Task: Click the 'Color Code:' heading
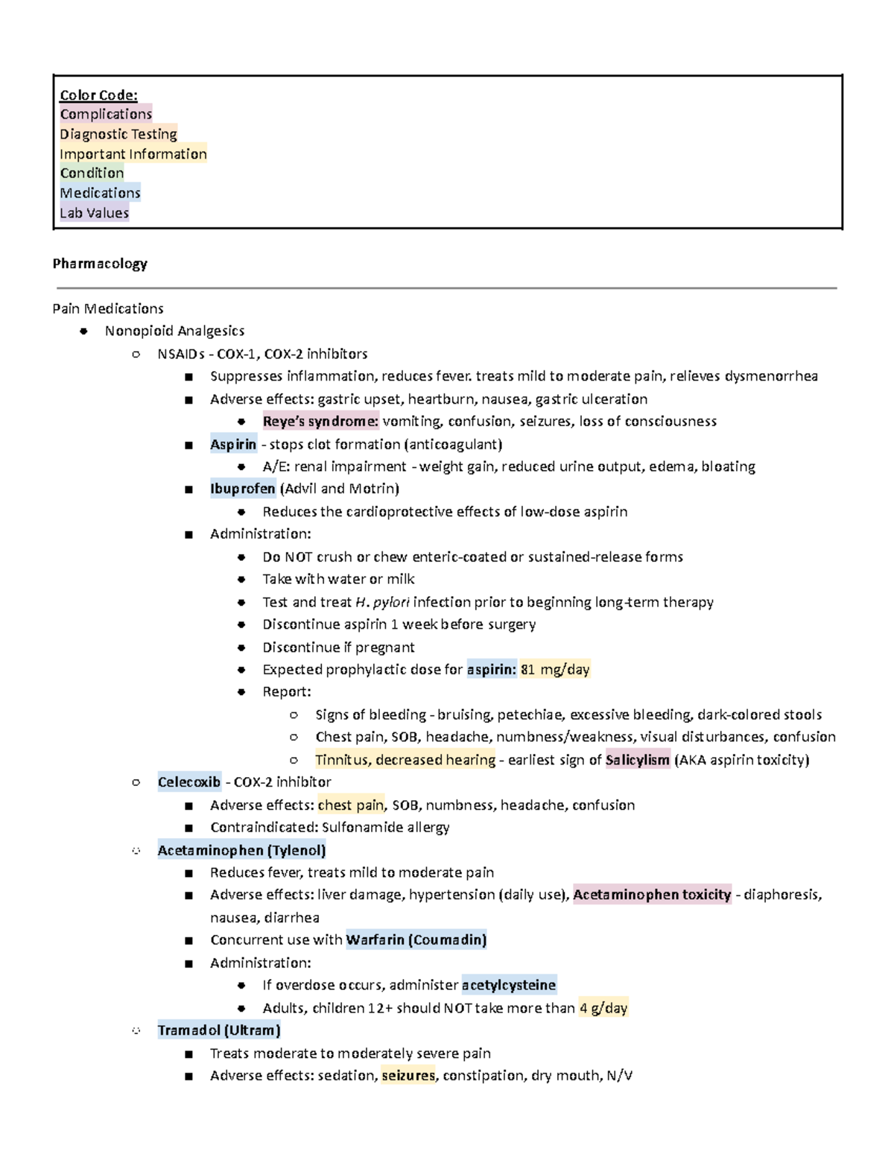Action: coord(98,95)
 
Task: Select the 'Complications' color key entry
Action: coord(106,114)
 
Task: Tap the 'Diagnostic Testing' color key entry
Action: coord(118,134)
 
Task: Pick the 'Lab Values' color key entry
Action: coord(94,213)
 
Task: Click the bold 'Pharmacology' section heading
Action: coord(100,264)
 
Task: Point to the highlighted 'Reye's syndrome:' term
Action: coord(320,422)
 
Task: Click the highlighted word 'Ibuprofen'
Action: coord(242,489)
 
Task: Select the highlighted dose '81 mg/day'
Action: coord(555,670)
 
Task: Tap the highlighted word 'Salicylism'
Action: coord(637,760)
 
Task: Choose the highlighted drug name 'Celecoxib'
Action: coord(189,782)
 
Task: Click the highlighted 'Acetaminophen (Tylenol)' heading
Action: coord(241,850)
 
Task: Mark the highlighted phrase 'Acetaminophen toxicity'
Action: coord(652,895)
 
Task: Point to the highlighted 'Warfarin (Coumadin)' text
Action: coord(416,940)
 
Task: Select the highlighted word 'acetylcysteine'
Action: coord(509,986)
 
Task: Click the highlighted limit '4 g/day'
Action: coord(603,1008)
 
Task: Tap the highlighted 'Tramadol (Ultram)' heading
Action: coord(219,1030)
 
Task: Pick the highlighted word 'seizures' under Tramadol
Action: coord(408,1076)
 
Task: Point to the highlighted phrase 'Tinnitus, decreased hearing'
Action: coord(405,760)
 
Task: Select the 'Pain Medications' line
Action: coord(108,308)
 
